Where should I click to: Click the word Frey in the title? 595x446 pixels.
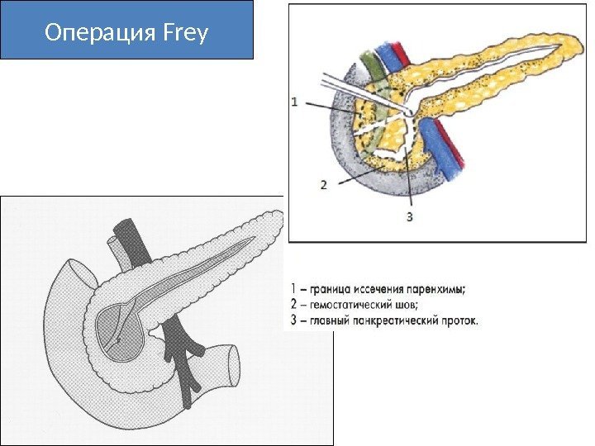(186, 34)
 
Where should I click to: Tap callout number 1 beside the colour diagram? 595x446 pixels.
(295, 103)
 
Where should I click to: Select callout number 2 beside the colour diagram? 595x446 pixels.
(324, 185)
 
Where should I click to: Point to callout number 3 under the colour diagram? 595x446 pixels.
(410, 217)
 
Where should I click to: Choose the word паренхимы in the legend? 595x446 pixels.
(437, 289)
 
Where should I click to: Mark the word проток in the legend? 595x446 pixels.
(459, 319)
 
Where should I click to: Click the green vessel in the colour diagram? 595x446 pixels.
(369, 66)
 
